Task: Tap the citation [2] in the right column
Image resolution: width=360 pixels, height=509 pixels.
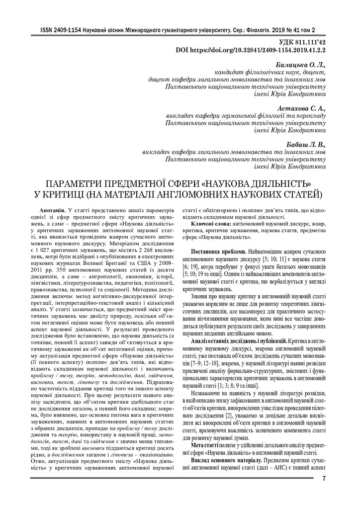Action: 229,414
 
